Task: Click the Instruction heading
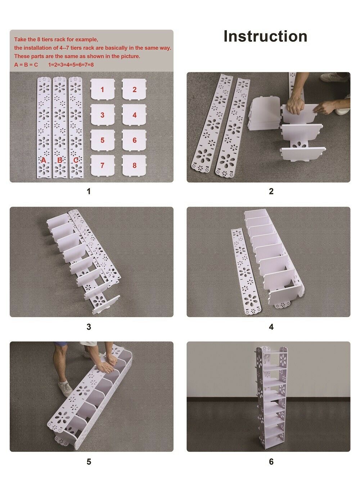265,36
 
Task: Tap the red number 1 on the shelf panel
103,90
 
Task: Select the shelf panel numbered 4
134,114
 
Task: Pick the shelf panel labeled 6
134,140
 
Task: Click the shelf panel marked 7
103,165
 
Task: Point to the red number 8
134,165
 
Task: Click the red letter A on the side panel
44,161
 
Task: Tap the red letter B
59,161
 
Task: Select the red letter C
76,161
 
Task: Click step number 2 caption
271,191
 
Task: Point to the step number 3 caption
89,327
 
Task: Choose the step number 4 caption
271,327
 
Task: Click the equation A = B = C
26,65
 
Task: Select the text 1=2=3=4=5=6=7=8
71,65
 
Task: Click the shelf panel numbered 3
103,114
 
